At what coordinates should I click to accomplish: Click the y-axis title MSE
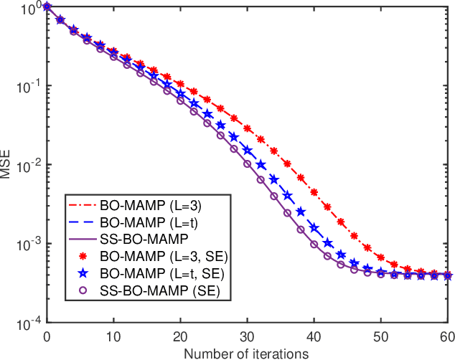[x=8, y=165]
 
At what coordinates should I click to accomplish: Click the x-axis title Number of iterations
[x=246, y=353]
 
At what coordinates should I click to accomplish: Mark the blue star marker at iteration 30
[x=247, y=151]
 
